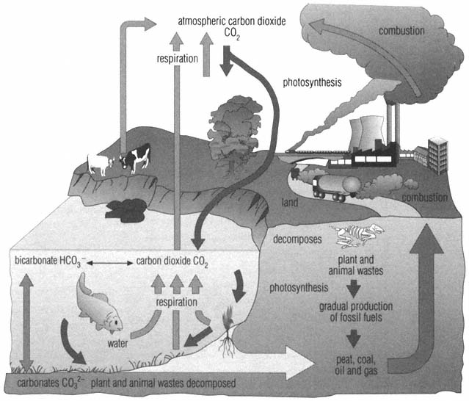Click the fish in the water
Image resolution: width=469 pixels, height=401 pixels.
pyautogui.click(x=100, y=302)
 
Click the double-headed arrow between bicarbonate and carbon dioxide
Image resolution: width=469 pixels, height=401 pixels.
pyautogui.click(x=107, y=262)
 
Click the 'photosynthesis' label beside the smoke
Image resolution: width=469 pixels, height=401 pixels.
pyautogui.click(x=312, y=82)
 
